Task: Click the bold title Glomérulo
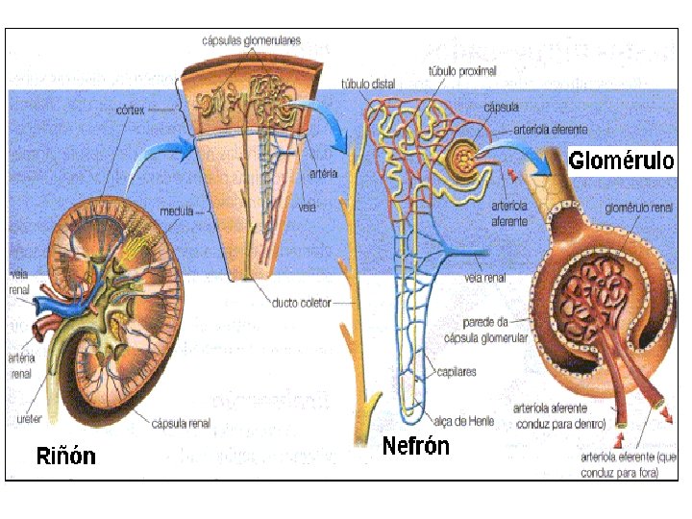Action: point(621,160)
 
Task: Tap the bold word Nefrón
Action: point(415,446)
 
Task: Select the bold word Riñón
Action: point(65,455)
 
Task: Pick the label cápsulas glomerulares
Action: point(251,40)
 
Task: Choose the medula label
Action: point(177,210)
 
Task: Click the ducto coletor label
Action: point(301,303)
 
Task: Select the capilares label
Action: point(457,371)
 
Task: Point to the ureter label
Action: point(30,420)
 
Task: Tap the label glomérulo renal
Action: point(638,207)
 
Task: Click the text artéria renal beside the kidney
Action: point(20,365)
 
